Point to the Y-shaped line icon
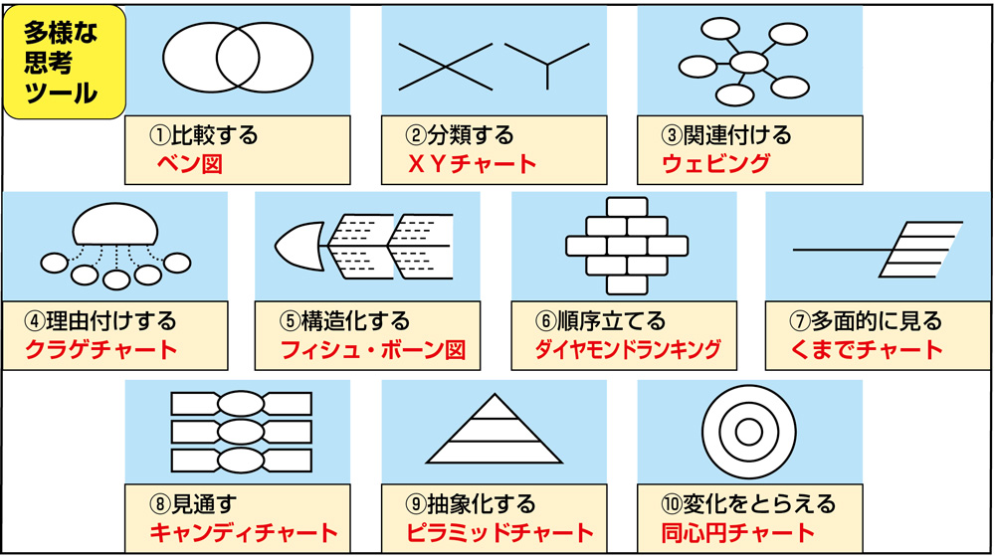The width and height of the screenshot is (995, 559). [546, 62]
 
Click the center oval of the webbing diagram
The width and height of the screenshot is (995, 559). [748, 63]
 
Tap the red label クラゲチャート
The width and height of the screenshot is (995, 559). [101, 349]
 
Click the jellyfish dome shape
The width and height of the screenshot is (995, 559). [115, 223]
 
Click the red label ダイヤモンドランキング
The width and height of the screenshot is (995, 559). [628, 350]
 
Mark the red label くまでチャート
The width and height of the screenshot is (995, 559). [864, 349]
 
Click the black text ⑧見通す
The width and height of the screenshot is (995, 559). [195, 504]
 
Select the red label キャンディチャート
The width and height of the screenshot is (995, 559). [244, 533]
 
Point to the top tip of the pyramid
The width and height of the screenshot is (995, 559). [495, 397]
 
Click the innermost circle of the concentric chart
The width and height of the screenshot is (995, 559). [748, 431]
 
